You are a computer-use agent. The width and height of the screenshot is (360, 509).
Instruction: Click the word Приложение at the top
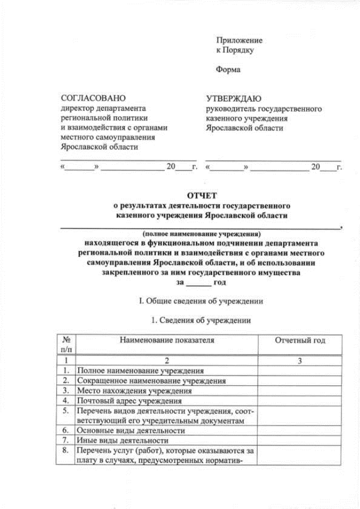[x=239, y=40]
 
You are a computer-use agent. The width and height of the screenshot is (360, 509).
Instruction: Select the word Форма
[x=228, y=70]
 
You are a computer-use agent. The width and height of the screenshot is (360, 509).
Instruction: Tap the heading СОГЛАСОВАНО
[x=93, y=98]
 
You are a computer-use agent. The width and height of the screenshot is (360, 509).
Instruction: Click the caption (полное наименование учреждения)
[x=201, y=233]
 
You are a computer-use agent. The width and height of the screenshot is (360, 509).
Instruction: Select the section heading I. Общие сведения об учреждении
[x=201, y=301]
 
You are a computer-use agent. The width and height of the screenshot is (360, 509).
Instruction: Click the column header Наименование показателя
[x=166, y=340]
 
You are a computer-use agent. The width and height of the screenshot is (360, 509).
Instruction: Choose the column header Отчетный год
[x=299, y=340]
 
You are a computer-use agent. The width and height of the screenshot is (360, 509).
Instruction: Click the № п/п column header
[x=66, y=345]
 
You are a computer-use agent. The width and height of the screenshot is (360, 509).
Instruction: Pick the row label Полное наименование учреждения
[x=140, y=371]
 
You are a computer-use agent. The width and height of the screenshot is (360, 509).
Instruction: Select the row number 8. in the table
[x=66, y=451]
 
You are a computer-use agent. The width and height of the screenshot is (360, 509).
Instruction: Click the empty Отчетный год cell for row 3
[x=299, y=391]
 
